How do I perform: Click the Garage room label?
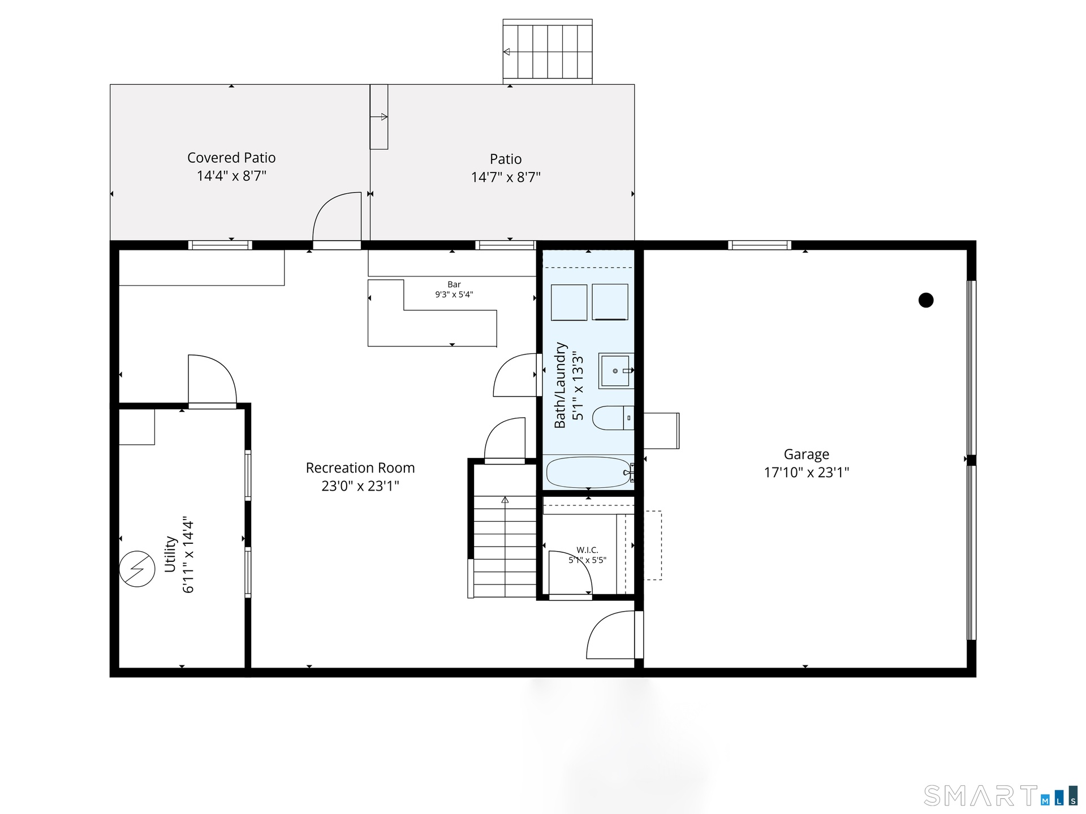pos(806,454)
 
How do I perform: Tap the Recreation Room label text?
pos(360,468)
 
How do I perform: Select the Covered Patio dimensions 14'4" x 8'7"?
pos(231,176)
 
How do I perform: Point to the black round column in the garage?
pos(926,300)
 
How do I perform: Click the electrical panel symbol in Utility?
pos(137,569)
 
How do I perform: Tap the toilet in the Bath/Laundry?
pos(613,418)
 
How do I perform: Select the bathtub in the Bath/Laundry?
pos(589,473)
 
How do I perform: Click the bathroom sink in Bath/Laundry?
pos(616,371)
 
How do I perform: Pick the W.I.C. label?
pos(587,550)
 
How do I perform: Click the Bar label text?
pos(454,284)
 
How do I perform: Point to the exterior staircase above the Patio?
pos(548,51)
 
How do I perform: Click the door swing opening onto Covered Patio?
pos(337,217)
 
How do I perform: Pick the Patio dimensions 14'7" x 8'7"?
pos(506,177)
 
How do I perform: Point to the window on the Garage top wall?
pos(759,245)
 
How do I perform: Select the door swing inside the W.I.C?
pos(570,573)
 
